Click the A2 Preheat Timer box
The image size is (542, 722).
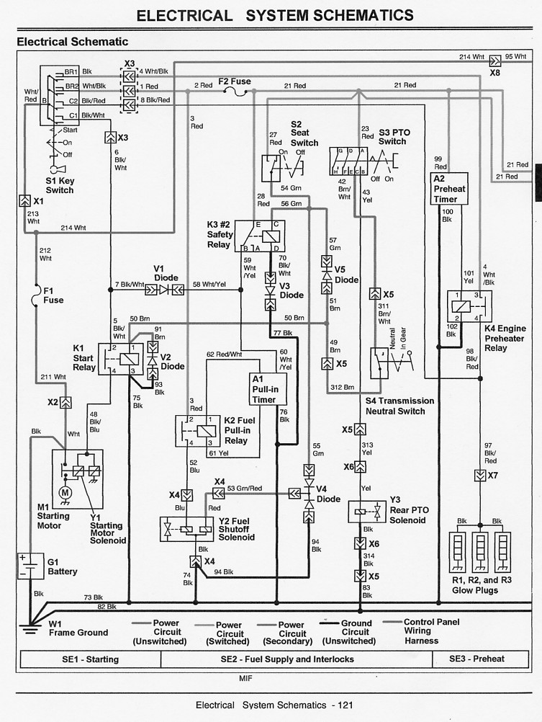(450, 189)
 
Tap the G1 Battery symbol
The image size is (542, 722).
(30, 567)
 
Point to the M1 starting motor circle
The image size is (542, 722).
(66, 492)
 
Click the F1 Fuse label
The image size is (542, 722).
(53, 295)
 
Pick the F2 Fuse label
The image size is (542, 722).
(234, 81)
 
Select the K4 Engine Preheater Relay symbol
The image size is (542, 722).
(465, 306)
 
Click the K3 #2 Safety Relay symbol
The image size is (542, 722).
(260, 236)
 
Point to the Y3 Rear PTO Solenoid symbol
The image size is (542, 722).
(367, 512)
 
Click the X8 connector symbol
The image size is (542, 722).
(495, 63)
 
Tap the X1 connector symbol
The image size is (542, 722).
(24, 201)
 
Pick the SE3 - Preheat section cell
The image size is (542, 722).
(477, 659)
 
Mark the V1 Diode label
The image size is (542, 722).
(166, 273)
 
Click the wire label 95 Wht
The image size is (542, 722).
(515, 56)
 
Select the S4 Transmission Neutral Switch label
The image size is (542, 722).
(399, 406)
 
